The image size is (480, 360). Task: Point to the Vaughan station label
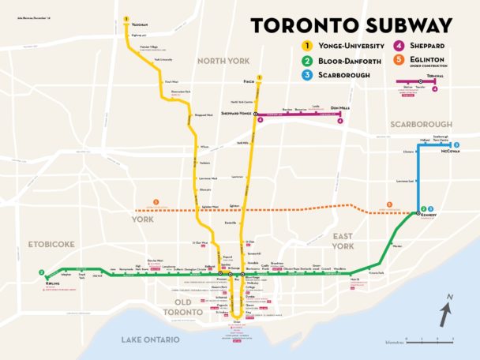[x=141, y=24]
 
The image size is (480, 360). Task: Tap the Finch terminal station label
[x=249, y=81]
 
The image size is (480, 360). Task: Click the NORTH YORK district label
[x=223, y=61]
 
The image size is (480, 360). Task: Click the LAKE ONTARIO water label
[x=150, y=339]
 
